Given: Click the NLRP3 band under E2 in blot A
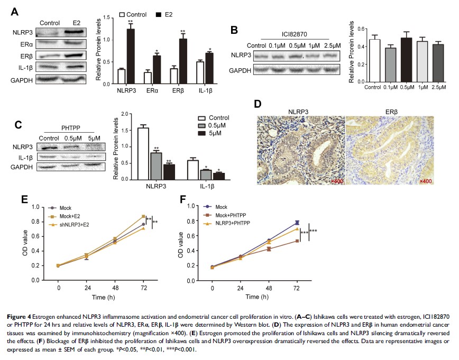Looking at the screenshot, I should pos(72,33).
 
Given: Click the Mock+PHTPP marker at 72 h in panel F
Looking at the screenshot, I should pos(297,241).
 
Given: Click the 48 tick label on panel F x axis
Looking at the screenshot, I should pos(269,289).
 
